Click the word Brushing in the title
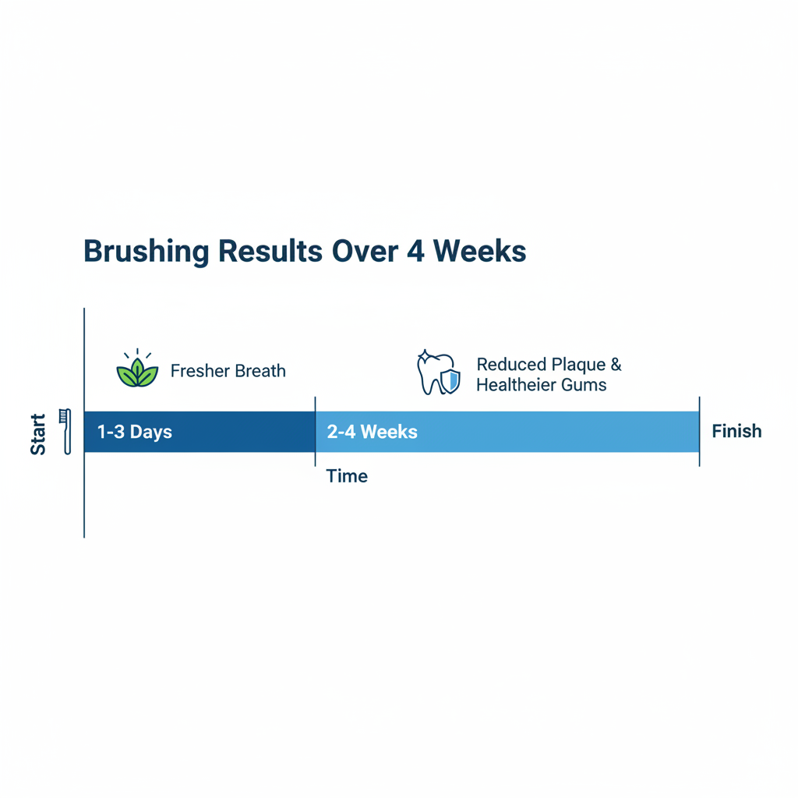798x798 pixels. coord(146,252)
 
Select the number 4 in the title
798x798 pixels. coord(415,251)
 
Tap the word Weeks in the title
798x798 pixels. coord(479,251)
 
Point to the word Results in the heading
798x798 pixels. coord(270,251)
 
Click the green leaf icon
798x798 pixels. coord(137,368)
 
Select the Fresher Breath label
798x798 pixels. coord(228,371)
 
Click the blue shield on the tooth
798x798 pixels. coord(450,381)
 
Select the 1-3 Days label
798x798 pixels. coord(134,432)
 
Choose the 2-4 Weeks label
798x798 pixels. coord(372,432)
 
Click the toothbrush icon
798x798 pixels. coord(65,431)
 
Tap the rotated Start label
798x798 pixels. coord(38,434)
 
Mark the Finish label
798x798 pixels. coord(736,431)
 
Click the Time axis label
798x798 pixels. coord(347,476)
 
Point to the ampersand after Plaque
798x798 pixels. coord(616,365)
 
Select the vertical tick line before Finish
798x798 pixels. coord(699,432)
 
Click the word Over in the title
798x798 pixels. coord(365,251)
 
